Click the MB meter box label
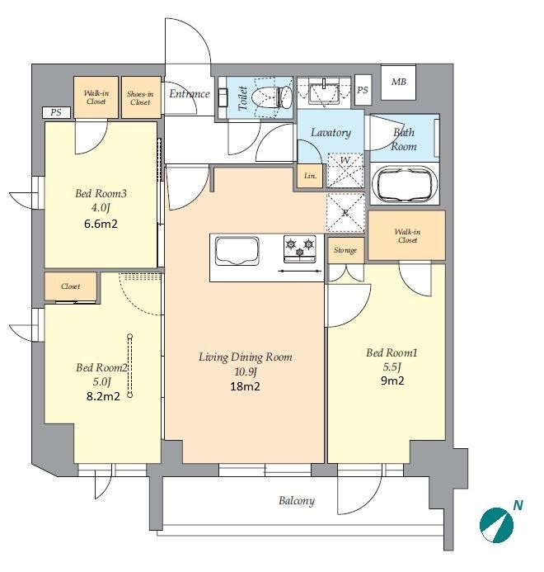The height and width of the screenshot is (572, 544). (399, 82)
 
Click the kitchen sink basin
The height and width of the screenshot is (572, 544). (237, 251)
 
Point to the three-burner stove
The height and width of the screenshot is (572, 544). (300, 249)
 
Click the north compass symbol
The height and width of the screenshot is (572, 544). (497, 525)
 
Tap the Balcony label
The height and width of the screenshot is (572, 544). (296, 500)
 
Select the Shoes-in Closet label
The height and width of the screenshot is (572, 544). (140, 97)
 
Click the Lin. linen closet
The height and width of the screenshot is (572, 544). (310, 176)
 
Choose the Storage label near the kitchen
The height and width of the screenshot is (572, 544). (345, 250)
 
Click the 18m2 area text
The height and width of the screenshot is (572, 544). (245, 386)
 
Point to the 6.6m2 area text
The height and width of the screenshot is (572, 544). (101, 224)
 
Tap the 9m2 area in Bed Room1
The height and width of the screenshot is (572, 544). (392, 381)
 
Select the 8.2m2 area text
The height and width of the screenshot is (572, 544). (103, 396)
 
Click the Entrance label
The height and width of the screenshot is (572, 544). (190, 94)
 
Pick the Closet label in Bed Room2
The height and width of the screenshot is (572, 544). (71, 286)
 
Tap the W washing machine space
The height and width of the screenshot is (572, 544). (345, 170)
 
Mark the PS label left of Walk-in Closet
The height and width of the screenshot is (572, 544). (56, 112)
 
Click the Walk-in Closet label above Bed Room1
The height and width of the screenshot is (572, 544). (407, 236)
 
